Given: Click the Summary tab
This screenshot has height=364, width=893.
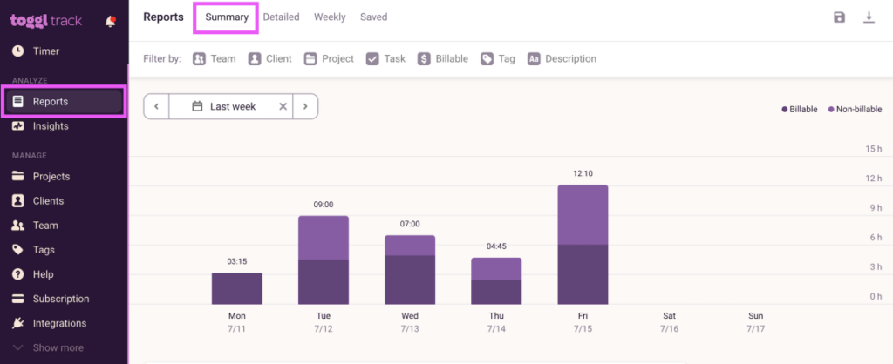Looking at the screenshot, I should pyautogui.click(x=227, y=17).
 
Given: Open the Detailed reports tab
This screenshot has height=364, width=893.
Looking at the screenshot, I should pyautogui.click(x=281, y=17).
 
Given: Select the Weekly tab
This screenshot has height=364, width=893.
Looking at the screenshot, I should pyautogui.click(x=330, y=17).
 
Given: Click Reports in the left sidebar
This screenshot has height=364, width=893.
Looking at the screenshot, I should pyautogui.click(x=51, y=102).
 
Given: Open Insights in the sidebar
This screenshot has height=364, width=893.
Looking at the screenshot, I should pyautogui.click(x=51, y=126).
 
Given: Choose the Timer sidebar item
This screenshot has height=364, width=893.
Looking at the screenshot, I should pyautogui.click(x=45, y=51).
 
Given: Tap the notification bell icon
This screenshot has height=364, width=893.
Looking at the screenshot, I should pyautogui.click(x=110, y=22).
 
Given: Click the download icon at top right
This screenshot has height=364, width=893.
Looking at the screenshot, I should pyautogui.click(x=869, y=17).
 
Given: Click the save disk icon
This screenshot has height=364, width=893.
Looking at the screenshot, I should pyautogui.click(x=839, y=17).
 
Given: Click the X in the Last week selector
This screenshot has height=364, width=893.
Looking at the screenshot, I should pyautogui.click(x=283, y=106).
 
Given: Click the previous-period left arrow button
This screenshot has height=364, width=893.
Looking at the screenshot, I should pyautogui.click(x=156, y=106).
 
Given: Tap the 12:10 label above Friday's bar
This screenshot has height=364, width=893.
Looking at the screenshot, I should pyautogui.click(x=583, y=173).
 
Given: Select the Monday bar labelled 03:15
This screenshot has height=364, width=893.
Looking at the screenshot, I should pyautogui.click(x=236, y=287).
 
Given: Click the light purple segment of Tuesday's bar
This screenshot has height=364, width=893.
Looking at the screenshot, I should pyautogui.click(x=323, y=237).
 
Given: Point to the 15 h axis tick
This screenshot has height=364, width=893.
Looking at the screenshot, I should pyautogui.click(x=874, y=149).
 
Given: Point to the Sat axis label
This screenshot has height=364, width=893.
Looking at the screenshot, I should pyautogui.click(x=669, y=315).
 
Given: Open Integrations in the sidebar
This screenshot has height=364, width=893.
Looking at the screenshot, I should pyautogui.click(x=59, y=323).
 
